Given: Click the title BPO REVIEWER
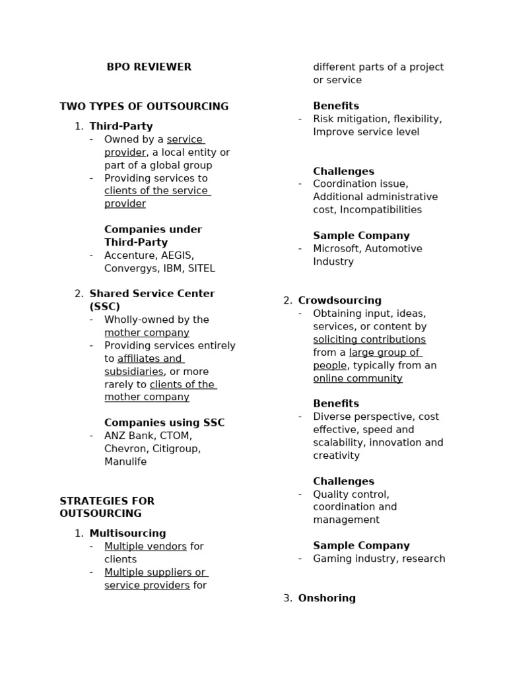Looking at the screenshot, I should (149, 67).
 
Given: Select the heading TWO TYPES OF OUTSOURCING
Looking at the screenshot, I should (144, 106).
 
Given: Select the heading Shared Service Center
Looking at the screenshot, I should (152, 294).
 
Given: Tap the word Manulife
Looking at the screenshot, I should (125, 462).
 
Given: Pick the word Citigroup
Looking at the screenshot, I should (177, 449).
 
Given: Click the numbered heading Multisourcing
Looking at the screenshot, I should (127, 533).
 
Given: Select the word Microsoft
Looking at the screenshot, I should (336, 249).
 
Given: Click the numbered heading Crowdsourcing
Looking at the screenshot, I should (339, 301).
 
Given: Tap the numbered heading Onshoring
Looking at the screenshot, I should (327, 598).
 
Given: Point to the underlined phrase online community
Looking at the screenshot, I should (357, 379).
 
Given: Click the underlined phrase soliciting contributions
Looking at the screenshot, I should (369, 340).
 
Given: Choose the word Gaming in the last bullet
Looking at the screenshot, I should (332, 559).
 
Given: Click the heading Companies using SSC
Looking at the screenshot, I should (164, 423).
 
